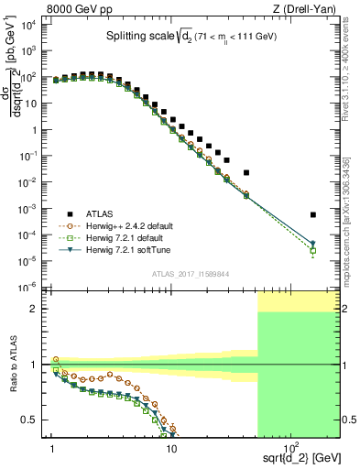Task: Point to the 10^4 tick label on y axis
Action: tap(28, 25)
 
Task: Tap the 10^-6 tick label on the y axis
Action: tap(28, 287)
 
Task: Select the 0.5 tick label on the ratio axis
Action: tap(32, 420)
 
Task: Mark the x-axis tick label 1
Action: tap(53, 448)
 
